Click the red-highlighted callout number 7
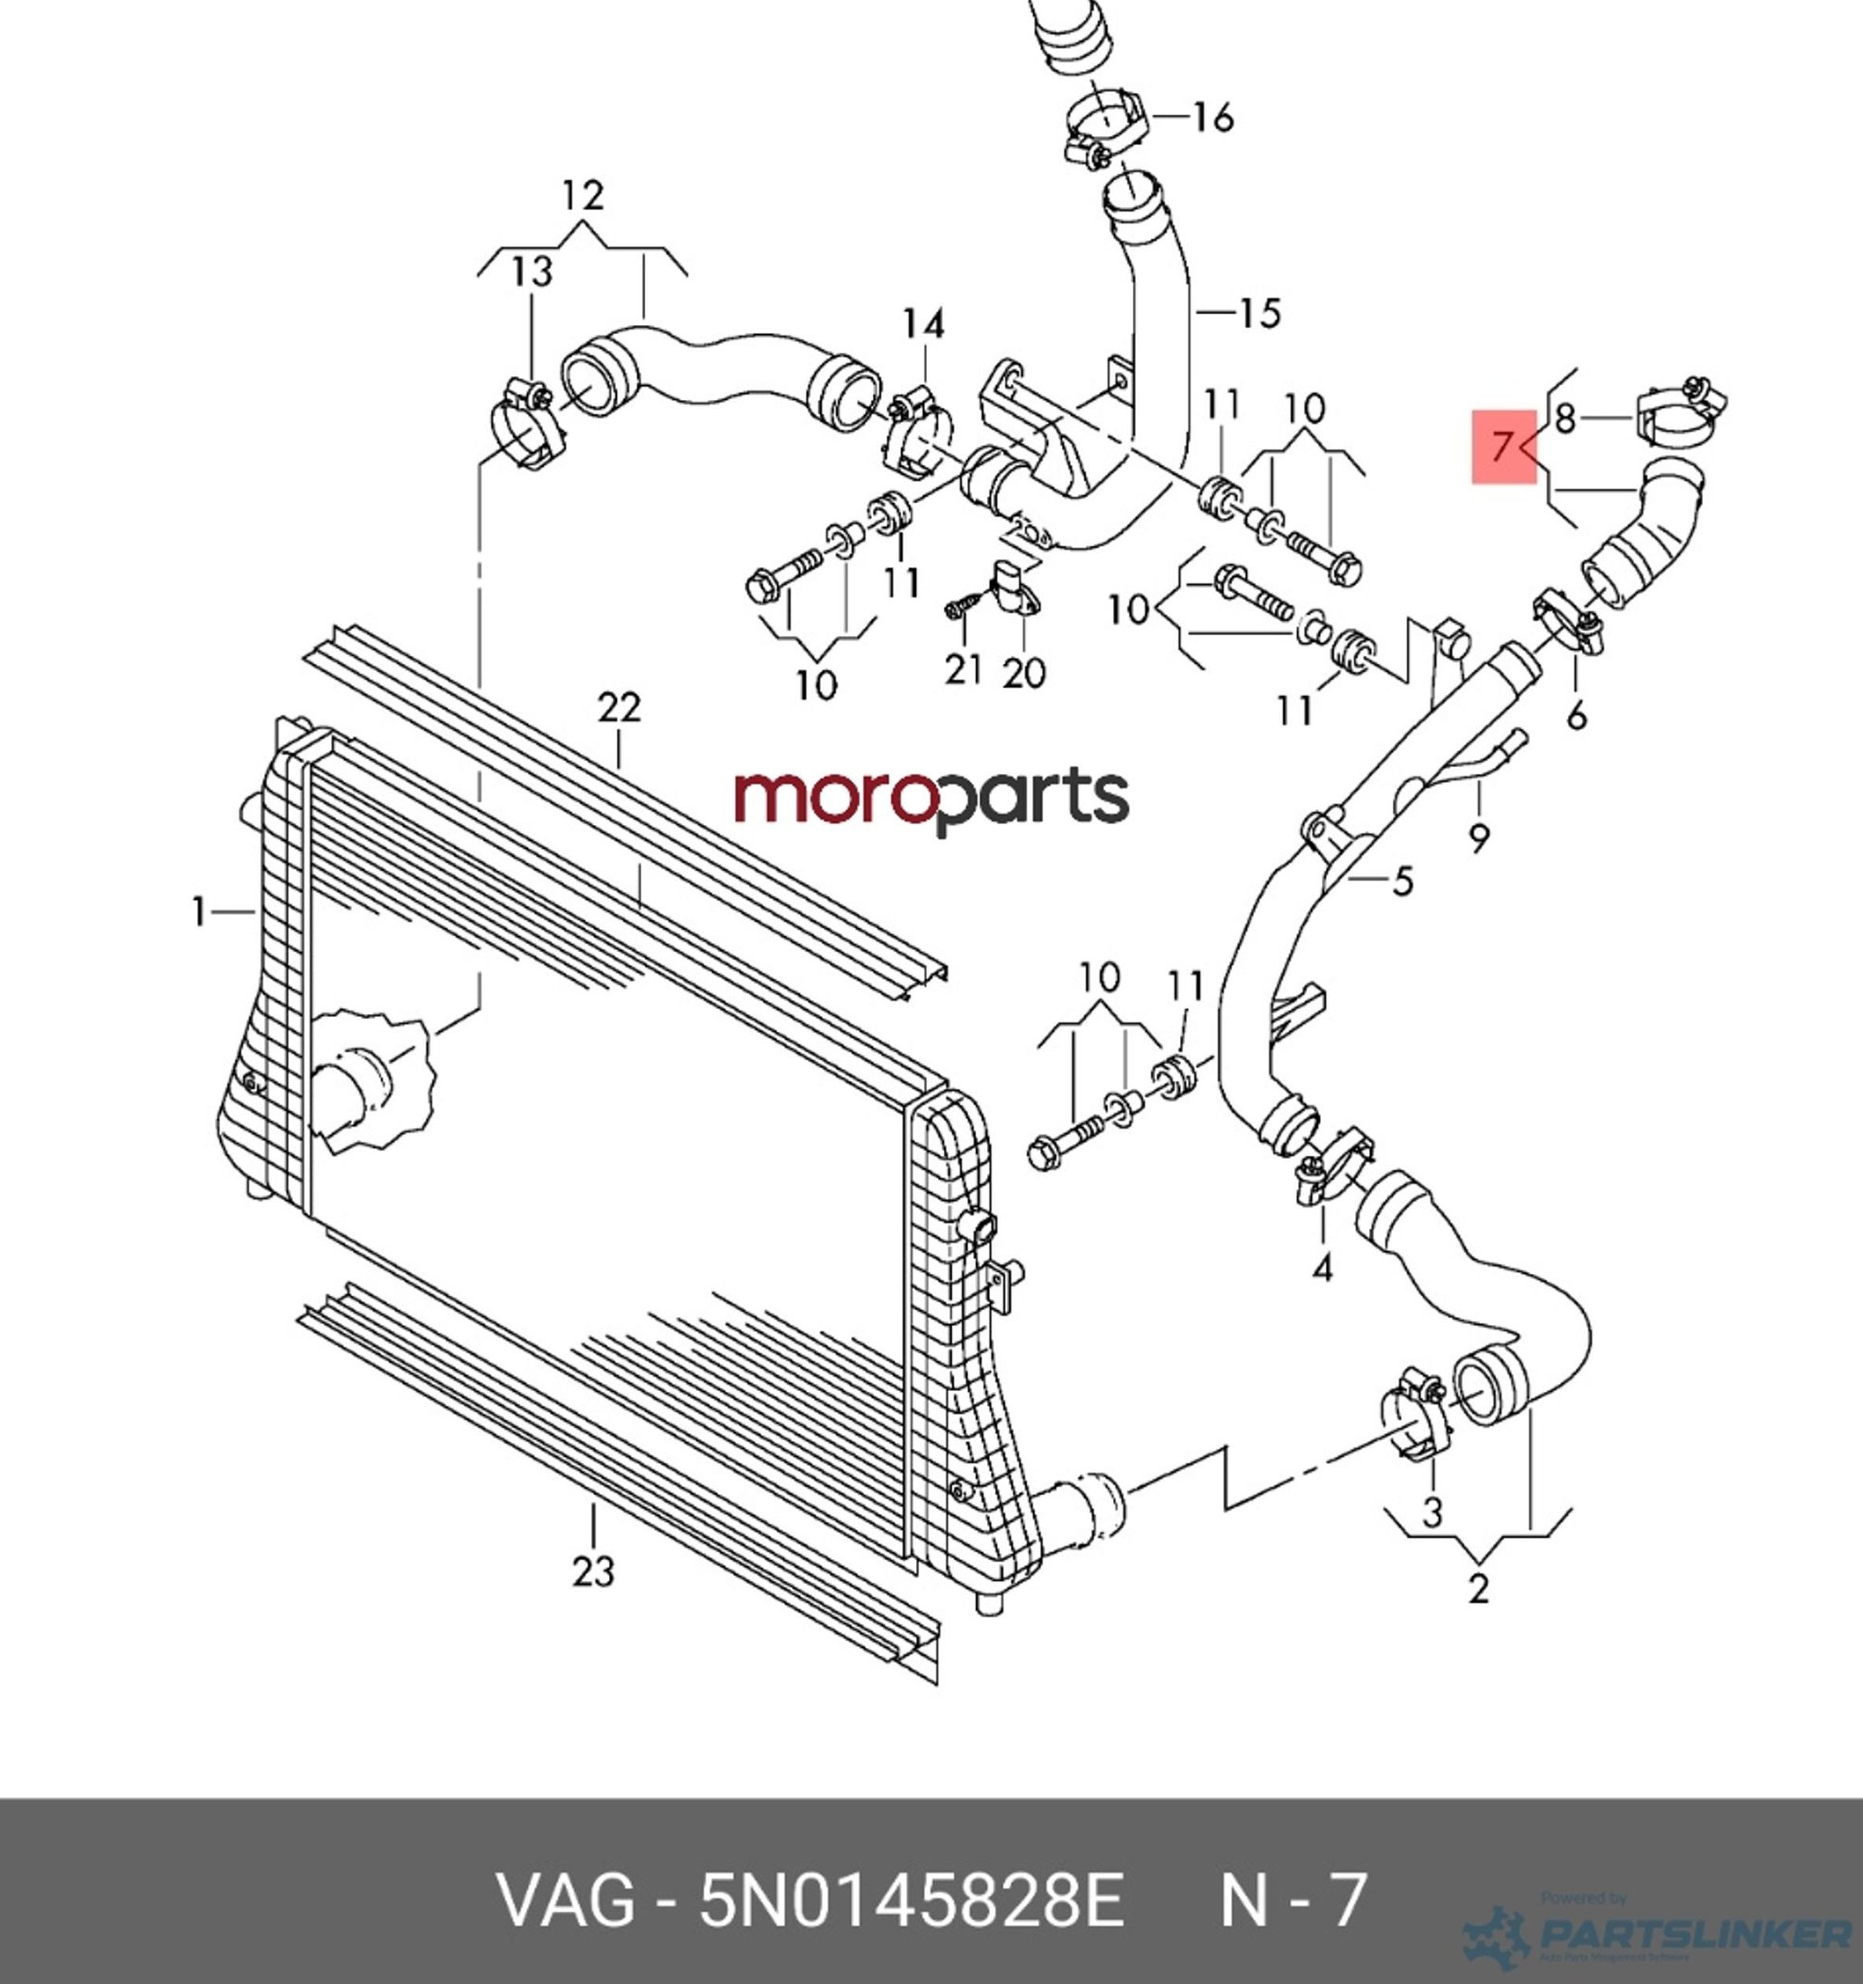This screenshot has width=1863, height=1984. (x=1504, y=446)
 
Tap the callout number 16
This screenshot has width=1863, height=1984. (x=1213, y=118)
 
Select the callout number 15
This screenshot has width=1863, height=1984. (x=1259, y=313)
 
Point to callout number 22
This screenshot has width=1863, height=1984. (x=619, y=708)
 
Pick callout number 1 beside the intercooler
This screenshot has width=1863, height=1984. (x=199, y=911)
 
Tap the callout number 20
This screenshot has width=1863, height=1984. (x=1023, y=672)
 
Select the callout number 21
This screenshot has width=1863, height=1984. (x=963, y=668)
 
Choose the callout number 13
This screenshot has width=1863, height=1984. (x=533, y=271)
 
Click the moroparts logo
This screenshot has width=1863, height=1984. (x=931, y=798)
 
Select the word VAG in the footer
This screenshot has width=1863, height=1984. (x=566, y=1901)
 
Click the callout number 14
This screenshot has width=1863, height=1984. (x=923, y=324)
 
